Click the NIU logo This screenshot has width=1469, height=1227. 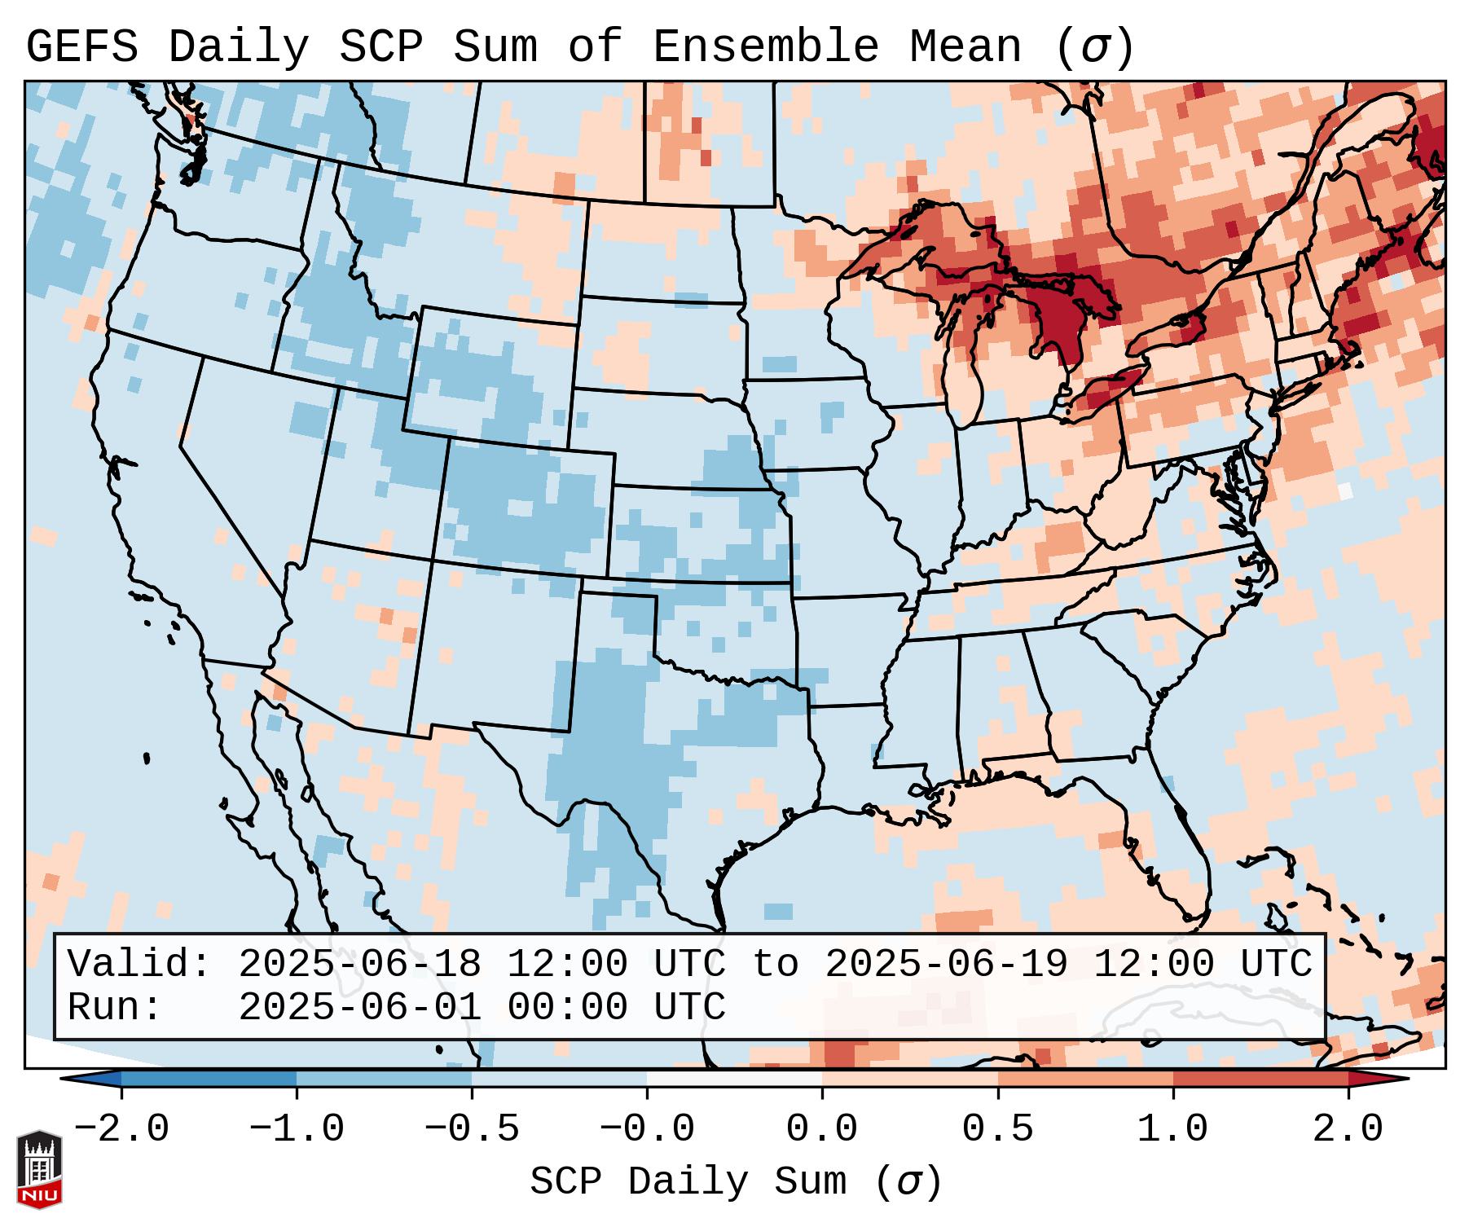click(x=39, y=1169)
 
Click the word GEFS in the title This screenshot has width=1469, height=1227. click(x=81, y=47)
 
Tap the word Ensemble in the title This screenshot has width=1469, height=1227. click(x=765, y=47)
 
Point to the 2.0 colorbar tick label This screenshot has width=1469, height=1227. click(x=1348, y=1129)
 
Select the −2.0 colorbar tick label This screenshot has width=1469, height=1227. click(x=121, y=1129)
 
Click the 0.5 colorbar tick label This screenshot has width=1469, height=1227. click(x=997, y=1129)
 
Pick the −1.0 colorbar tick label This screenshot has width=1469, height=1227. click(x=297, y=1129)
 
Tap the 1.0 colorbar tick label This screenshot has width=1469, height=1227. click(x=1172, y=1129)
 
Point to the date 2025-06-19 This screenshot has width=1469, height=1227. click(x=946, y=964)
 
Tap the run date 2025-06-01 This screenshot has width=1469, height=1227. click(x=359, y=1008)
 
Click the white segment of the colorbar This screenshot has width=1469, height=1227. click(x=734, y=1079)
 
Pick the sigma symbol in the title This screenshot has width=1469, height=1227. click(x=1093, y=47)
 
